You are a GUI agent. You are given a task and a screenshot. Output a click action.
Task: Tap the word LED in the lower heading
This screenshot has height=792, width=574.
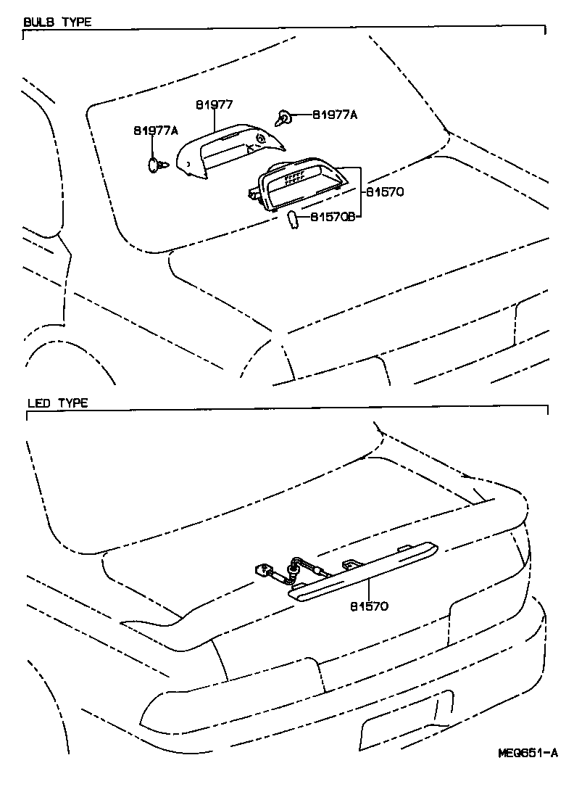coord(38,403)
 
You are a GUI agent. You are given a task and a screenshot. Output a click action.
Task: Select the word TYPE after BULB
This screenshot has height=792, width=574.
coord(76,22)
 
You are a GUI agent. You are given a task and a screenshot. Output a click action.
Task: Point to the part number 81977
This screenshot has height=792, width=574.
coord(214,104)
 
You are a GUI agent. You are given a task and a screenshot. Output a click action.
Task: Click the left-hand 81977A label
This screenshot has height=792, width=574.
coord(156,131)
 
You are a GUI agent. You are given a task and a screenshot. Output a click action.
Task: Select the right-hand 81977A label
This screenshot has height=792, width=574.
coord(336,115)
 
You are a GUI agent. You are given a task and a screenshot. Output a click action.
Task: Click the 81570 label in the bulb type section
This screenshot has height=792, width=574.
coord(384,193)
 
